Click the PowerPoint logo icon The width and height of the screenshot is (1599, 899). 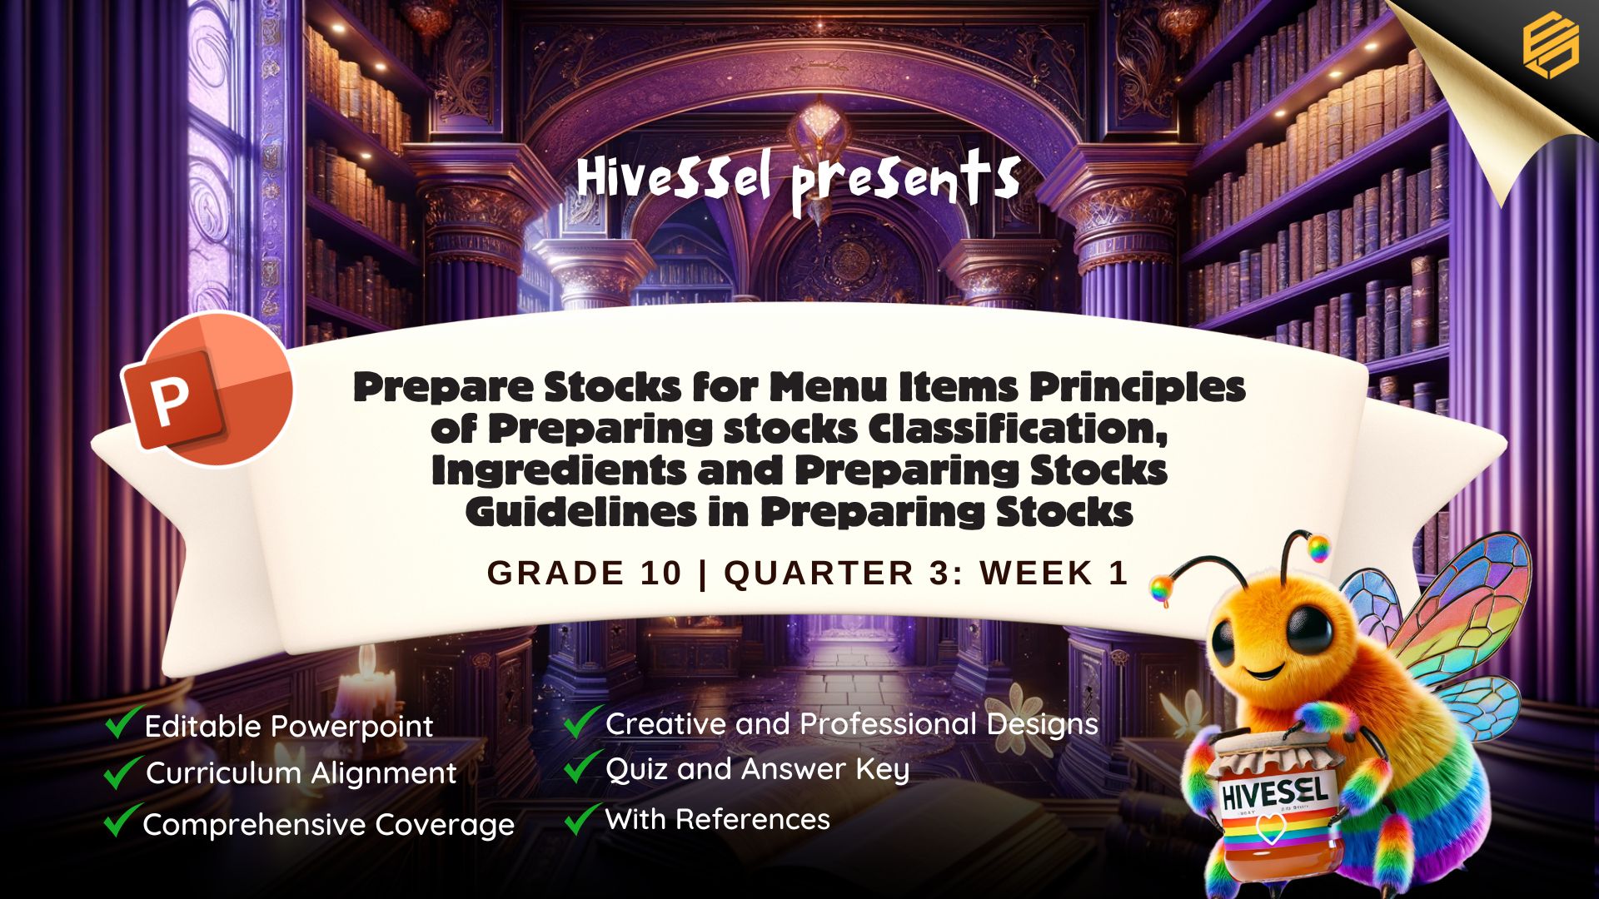pos(207,389)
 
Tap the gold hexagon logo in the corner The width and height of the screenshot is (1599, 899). pos(1551,48)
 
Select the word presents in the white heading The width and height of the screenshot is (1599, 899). pos(906,182)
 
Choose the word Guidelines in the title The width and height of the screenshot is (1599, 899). pos(581,512)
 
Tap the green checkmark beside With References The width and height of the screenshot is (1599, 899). pos(582,818)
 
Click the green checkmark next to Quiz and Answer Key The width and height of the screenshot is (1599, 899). pos(582,767)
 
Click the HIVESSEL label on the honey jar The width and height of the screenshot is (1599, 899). pos(1274,793)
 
